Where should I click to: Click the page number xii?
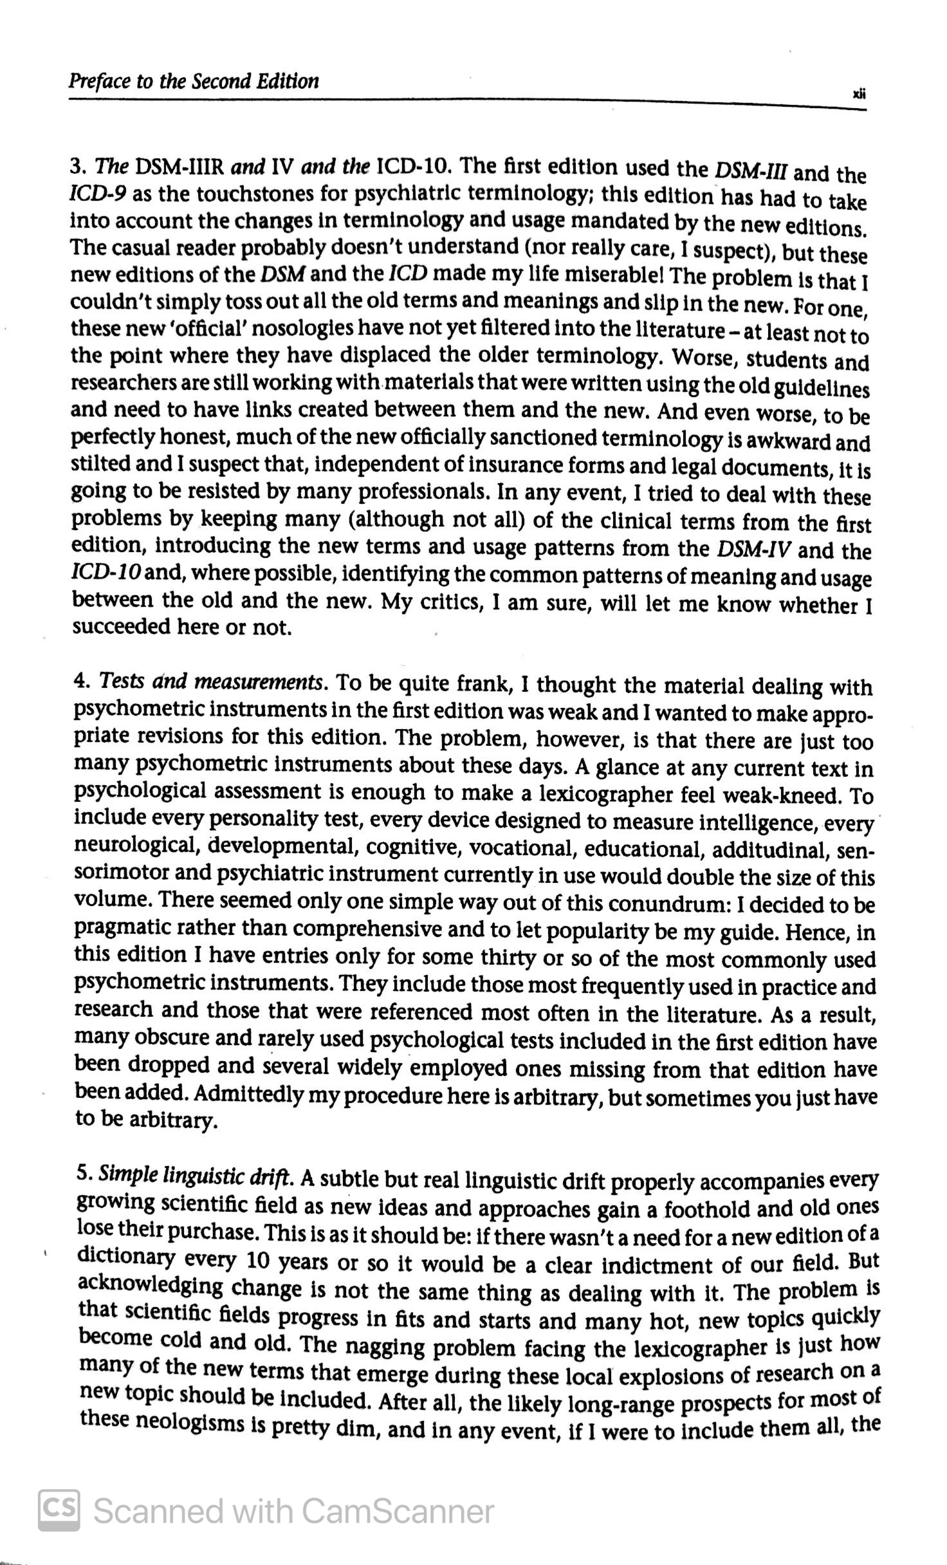pos(860,94)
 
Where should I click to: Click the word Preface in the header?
pos(94,82)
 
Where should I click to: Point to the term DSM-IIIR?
pos(179,167)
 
